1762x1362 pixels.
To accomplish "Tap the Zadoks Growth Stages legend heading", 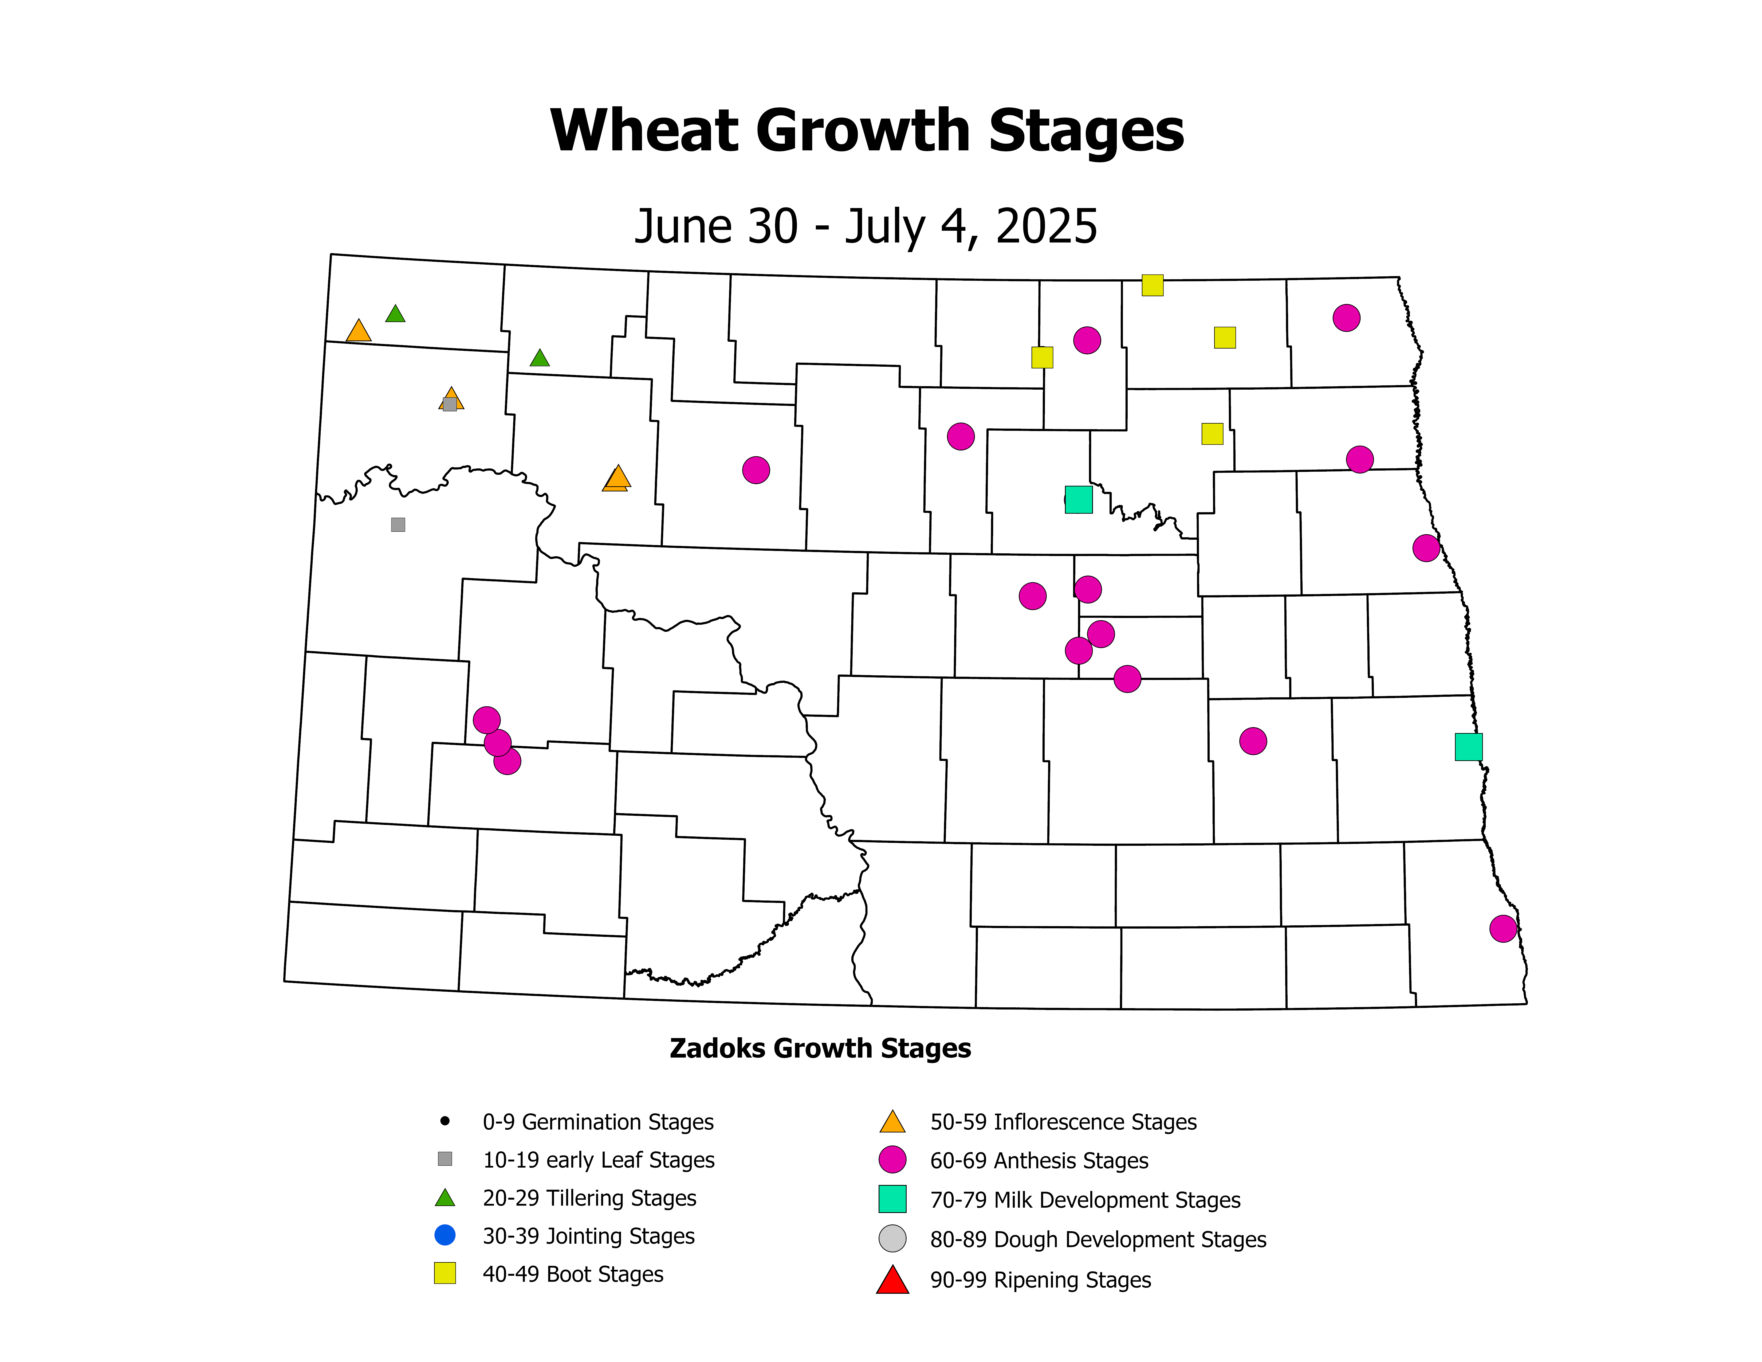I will coord(820,1048).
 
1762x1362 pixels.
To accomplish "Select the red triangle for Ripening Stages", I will coord(892,1281).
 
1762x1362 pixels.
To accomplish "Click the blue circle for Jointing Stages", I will coord(445,1235).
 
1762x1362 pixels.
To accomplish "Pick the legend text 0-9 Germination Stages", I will coord(598,1122).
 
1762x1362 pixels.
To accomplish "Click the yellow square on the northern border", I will coord(1152,285).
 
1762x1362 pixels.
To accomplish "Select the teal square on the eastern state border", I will coord(1468,747).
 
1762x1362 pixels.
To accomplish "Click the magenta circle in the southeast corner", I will coord(1502,929).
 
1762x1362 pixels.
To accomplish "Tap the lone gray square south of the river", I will coord(398,525).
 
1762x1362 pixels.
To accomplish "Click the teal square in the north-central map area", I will coord(1079,499).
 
